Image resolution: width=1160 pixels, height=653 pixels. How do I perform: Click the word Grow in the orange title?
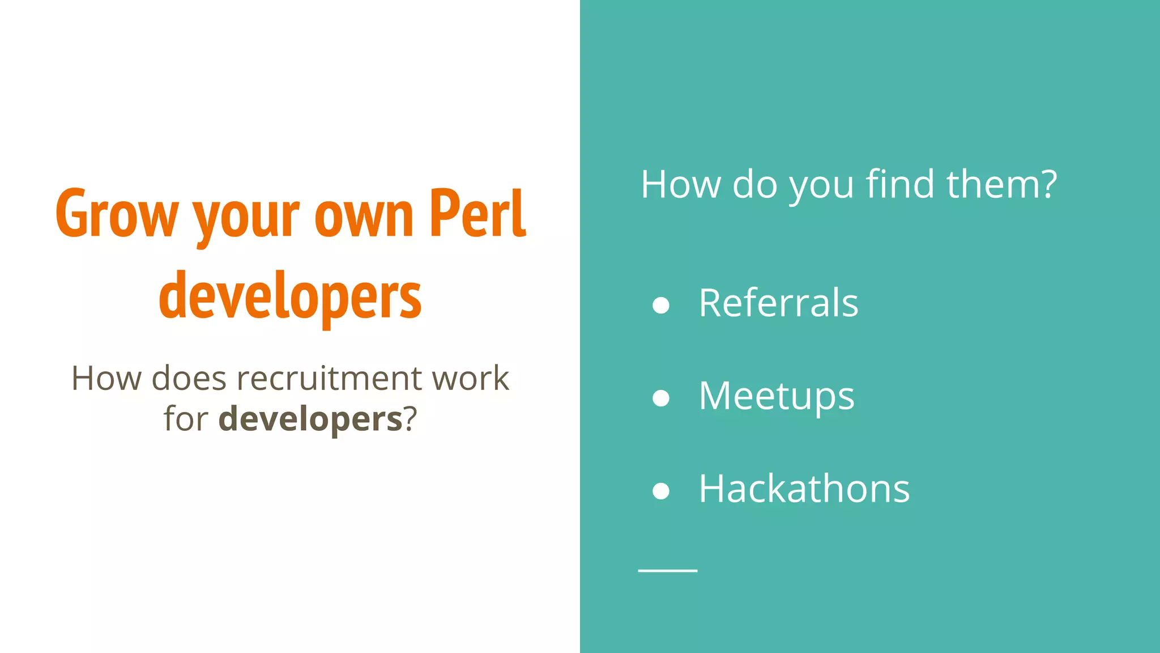[x=117, y=214]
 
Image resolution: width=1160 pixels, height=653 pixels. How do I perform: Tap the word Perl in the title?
[x=477, y=213]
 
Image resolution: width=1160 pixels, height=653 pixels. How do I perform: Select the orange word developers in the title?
[x=290, y=296]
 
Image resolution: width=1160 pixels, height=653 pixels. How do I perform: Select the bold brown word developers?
[x=310, y=419]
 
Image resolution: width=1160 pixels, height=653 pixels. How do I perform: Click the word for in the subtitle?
[x=186, y=419]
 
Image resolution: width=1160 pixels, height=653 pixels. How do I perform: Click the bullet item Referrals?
[x=778, y=303]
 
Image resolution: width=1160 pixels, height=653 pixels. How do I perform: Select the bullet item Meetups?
[x=776, y=396]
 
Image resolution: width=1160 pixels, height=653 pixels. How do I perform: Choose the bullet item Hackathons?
[x=804, y=489]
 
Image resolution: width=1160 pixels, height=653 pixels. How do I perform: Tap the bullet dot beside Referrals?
[x=661, y=306]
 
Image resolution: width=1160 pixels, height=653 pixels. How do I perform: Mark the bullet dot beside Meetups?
[x=661, y=398]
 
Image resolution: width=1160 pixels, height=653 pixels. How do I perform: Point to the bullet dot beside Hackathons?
[x=661, y=491]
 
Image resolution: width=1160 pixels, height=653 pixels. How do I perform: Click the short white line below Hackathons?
[x=667, y=570]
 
